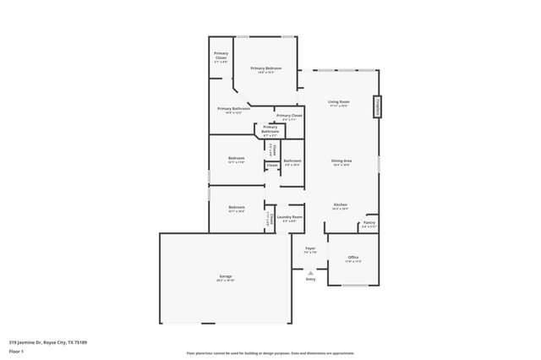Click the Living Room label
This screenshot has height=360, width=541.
coord(339,102)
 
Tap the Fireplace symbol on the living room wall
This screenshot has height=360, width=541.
coord(376,107)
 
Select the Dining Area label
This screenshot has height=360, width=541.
coord(341,161)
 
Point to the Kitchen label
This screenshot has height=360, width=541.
coord(340,205)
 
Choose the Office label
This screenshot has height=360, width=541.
coord(353,257)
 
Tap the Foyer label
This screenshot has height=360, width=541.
coord(310,248)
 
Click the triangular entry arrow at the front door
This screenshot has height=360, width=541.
coord(310,273)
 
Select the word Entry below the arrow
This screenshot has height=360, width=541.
coord(310,280)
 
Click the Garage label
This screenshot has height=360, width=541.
coord(225,276)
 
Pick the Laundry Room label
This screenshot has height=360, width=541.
coord(289,218)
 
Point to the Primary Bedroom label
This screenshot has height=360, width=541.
coord(265,68)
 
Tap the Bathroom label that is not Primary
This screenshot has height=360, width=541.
coord(292,161)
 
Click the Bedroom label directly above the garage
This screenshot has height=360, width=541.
coord(236,207)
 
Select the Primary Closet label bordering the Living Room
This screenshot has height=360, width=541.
coord(289,116)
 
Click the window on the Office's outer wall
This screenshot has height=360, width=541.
coord(353,286)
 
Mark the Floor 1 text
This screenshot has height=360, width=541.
coord(16,350)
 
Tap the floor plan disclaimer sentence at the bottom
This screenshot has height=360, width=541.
coord(270,353)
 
